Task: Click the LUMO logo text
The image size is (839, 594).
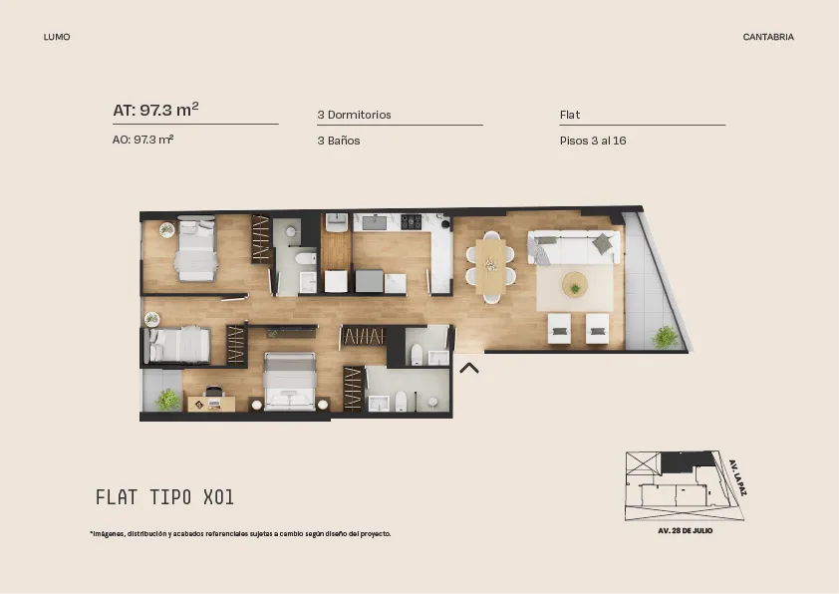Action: pyautogui.click(x=57, y=37)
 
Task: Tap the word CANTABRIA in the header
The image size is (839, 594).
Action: pyautogui.click(x=768, y=37)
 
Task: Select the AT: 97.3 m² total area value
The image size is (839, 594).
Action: pyautogui.click(x=155, y=110)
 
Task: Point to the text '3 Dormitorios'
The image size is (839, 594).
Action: pyautogui.click(x=354, y=115)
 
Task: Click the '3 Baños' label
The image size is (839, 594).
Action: pyautogui.click(x=338, y=141)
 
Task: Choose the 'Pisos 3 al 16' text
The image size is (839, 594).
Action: pyautogui.click(x=593, y=141)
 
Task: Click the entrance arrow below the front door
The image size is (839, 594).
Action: pyautogui.click(x=469, y=367)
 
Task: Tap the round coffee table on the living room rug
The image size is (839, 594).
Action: pyautogui.click(x=575, y=284)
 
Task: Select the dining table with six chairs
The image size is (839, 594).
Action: pyautogui.click(x=490, y=266)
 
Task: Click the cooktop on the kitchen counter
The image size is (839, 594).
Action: pyautogui.click(x=411, y=221)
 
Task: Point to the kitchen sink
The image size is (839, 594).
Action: pyautogui.click(x=375, y=222)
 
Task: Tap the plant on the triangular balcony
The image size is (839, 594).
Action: pyautogui.click(x=665, y=337)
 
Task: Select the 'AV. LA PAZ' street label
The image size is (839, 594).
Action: pyautogui.click(x=738, y=477)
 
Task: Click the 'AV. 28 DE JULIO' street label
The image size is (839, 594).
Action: pyautogui.click(x=685, y=531)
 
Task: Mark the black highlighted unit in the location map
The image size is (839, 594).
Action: pyautogui.click(x=688, y=461)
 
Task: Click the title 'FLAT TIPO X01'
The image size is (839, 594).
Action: pyautogui.click(x=164, y=497)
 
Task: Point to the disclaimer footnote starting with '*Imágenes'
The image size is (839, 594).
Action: pyautogui.click(x=240, y=533)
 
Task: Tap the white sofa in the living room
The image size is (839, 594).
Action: pyautogui.click(x=574, y=247)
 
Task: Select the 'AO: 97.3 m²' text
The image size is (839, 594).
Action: pyautogui.click(x=142, y=140)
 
